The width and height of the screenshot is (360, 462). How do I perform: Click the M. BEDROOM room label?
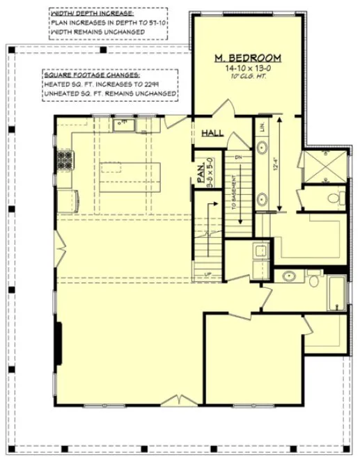[x=248, y=58]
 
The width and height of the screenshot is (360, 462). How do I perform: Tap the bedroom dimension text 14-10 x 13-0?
[x=248, y=69]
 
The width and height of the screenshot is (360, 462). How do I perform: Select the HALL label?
[x=212, y=133]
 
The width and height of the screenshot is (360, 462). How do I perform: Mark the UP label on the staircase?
[x=208, y=274]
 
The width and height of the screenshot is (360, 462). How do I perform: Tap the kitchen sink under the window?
[x=123, y=124]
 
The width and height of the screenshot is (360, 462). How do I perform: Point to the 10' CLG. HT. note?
[x=248, y=78]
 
